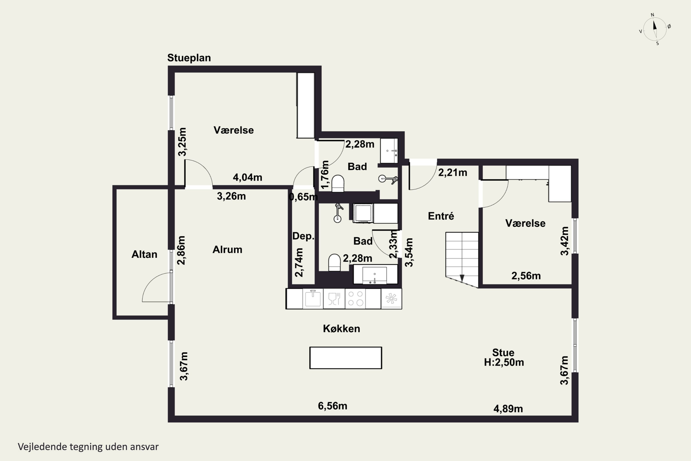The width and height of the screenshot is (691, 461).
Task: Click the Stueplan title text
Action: (x=189, y=58)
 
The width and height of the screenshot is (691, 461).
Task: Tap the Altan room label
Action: (x=144, y=254)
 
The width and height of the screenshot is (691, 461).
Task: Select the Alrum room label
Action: (x=227, y=250)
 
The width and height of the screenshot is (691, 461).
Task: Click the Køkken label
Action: (x=341, y=329)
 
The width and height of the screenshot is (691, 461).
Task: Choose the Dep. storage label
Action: (x=303, y=236)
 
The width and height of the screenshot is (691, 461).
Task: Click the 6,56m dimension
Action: (x=333, y=406)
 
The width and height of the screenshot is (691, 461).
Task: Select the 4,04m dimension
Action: (x=248, y=177)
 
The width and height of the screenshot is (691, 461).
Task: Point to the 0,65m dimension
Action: (x=303, y=197)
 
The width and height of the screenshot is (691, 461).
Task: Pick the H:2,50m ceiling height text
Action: (x=504, y=362)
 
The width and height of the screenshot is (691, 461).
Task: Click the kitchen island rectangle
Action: (x=346, y=358)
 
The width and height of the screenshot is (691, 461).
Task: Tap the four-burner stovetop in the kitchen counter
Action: (x=355, y=298)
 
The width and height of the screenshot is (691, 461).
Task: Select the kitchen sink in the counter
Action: (x=313, y=298)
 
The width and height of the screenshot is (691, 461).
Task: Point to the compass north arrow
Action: (x=655, y=25)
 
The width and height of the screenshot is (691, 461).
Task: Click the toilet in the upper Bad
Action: (x=338, y=184)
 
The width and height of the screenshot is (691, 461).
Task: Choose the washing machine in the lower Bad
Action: (x=363, y=213)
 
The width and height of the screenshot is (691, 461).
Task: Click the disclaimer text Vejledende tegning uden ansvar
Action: (x=88, y=447)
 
